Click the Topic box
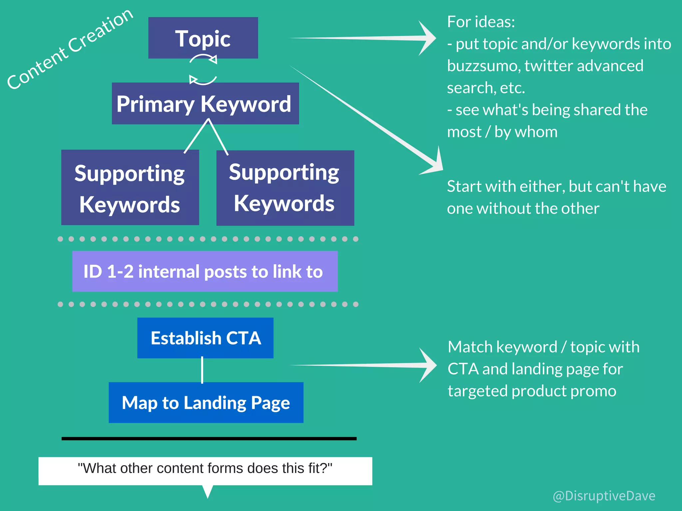(203, 38)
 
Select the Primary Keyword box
(205, 103)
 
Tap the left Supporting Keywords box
(130, 188)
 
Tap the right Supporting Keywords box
(285, 188)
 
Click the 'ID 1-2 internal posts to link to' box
(205, 271)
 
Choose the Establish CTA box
(205, 338)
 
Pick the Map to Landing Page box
(206, 402)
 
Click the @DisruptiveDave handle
(604, 496)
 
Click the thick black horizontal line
(209, 439)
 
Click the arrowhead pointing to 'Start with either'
(435, 163)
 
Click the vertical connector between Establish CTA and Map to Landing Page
(202, 370)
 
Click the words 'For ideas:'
(481, 22)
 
